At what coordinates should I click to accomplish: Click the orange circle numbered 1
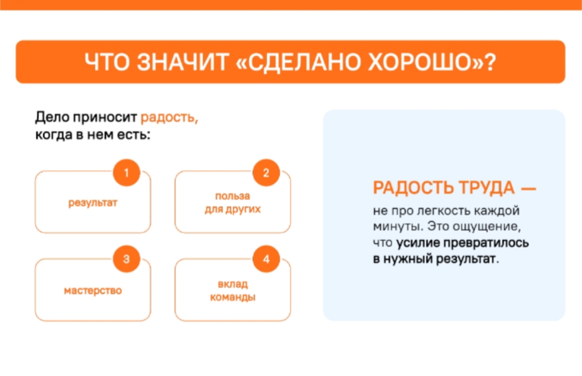(x=127, y=172)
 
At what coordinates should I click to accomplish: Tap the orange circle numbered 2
(x=266, y=172)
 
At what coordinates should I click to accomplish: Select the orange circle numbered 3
(x=127, y=259)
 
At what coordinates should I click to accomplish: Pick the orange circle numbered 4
(x=266, y=259)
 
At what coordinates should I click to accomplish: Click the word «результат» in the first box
(x=93, y=203)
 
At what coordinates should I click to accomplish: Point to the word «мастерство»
(x=93, y=290)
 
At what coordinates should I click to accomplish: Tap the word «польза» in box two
(x=233, y=196)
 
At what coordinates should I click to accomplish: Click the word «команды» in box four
(x=233, y=297)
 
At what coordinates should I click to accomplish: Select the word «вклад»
(x=233, y=284)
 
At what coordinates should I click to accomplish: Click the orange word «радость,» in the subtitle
(x=169, y=117)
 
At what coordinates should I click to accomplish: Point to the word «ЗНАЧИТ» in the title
(x=183, y=62)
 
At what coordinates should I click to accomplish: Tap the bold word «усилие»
(x=418, y=243)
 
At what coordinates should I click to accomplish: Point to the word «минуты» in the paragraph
(x=398, y=226)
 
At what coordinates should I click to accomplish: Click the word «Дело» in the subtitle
(x=52, y=117)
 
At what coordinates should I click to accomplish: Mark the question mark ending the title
(x=491, y=62)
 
